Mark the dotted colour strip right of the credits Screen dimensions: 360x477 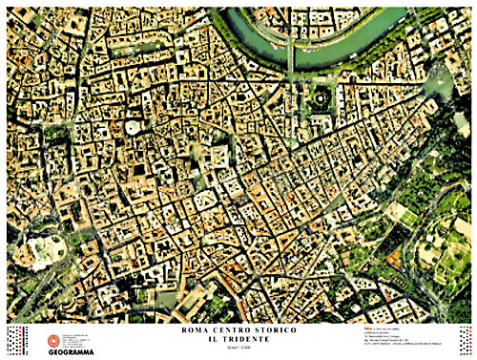point(465,340)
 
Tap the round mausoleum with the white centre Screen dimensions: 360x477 point(319,97)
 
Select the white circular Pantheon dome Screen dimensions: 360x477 point(133,127)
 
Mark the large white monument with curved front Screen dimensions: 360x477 point(45,250)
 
